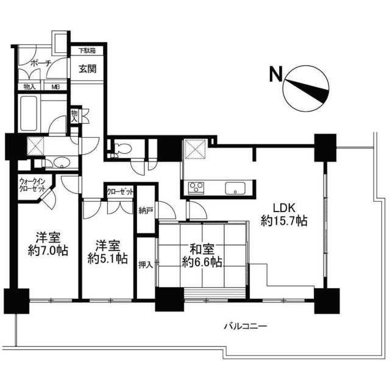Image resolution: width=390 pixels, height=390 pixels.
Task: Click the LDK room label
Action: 284,208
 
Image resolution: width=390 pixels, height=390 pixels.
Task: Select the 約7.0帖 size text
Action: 48,250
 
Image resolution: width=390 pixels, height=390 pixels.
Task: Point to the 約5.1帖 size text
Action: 108,258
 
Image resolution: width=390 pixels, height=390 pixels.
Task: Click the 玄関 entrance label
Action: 88,69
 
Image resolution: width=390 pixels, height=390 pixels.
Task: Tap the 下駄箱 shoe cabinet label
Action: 87,51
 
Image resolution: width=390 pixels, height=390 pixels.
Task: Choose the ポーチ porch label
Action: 41,63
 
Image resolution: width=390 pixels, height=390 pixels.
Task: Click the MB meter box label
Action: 55,87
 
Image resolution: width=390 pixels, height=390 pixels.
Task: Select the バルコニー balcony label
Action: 246,326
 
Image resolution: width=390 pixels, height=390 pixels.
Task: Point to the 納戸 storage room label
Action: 146,211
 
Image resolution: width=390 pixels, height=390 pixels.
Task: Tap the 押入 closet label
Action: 146,265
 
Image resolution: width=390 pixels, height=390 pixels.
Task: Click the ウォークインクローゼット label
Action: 32,184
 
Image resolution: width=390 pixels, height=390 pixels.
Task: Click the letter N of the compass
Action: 275,74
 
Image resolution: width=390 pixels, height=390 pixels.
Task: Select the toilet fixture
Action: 122,149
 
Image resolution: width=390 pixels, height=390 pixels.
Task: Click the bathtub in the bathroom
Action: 29,113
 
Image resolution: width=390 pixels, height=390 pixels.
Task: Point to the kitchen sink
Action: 235,188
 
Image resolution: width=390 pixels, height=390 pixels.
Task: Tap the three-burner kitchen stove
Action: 196,188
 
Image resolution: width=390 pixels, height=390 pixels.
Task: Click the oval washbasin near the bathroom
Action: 62,163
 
